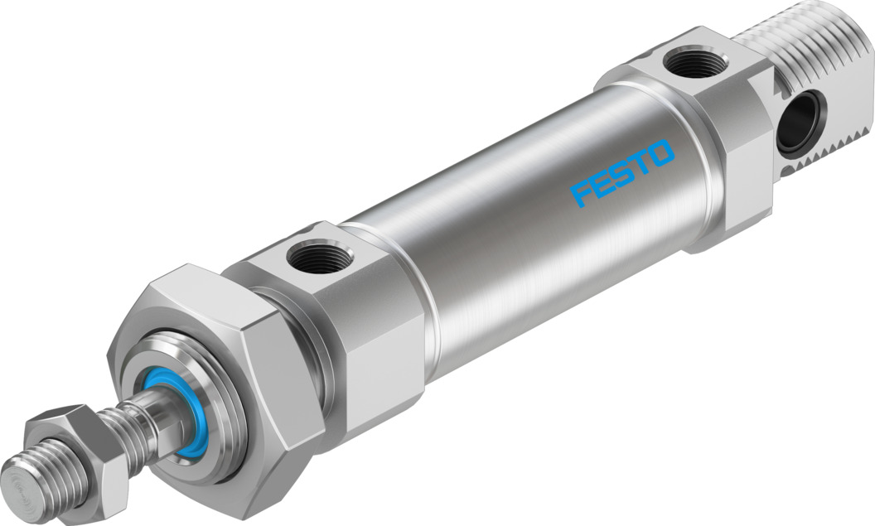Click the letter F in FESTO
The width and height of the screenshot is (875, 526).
coord(583,195)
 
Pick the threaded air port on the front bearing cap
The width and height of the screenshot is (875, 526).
coord(313,258)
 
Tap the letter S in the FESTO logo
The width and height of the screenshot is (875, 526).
coord(622,174)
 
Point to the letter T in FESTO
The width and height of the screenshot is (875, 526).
coord(641,164)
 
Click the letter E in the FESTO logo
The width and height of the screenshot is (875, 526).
coord(602,184)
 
